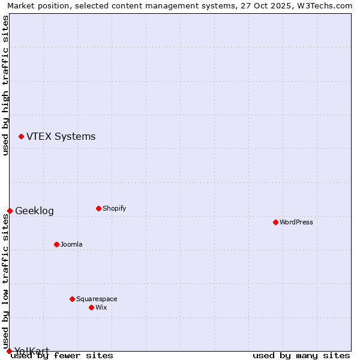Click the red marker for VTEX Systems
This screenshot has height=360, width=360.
[x=22, y=137]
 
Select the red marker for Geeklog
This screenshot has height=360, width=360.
[x=10, y=211]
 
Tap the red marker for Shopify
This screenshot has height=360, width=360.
[x=98, y=209]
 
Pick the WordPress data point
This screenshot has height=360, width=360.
[x=275, y=222]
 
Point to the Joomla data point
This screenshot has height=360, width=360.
[x=56, y=244]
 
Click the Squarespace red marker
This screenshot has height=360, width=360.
[x=72, y=299]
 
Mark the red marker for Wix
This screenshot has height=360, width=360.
[x=91, y=307]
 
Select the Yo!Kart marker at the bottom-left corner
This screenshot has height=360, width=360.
[x=9, y=351]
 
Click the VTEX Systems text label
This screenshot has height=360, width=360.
[x=61, y=137]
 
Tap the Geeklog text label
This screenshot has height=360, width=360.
[x=34, y=211]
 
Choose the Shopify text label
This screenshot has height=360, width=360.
[x=114, y=209]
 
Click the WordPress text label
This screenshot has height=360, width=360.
[x=296, y=222]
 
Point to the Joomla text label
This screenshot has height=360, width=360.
[x=71, y=244]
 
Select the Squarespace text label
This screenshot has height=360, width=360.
[x=97, y=299]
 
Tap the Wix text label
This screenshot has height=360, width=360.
[x=101, y=307]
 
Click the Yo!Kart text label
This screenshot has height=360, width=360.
[x=32, y=351]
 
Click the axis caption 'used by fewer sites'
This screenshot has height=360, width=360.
[x=62, y=355]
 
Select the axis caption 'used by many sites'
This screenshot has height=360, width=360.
[x=301, y=355]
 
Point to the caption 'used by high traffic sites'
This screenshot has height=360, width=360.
[x=5, y=85]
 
